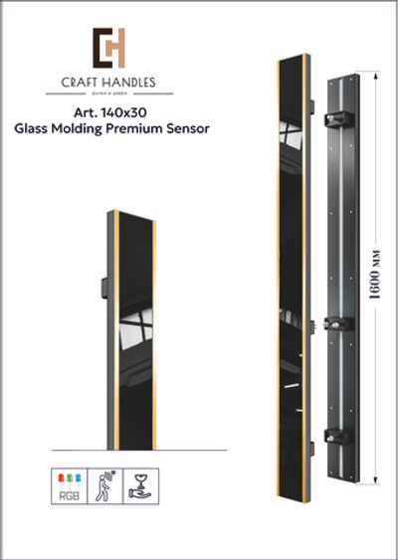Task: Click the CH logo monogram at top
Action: click(108, 48)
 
